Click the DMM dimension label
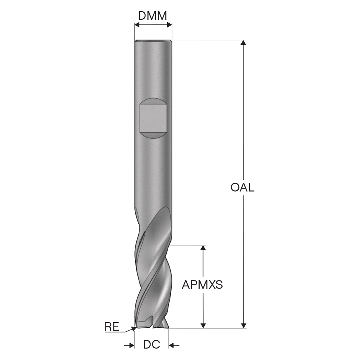152,16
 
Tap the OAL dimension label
242,188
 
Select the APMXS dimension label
202,285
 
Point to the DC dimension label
152,344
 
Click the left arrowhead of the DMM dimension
137,25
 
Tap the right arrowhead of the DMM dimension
169,25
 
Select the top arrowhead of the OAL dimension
243,42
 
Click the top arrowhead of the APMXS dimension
203,248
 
